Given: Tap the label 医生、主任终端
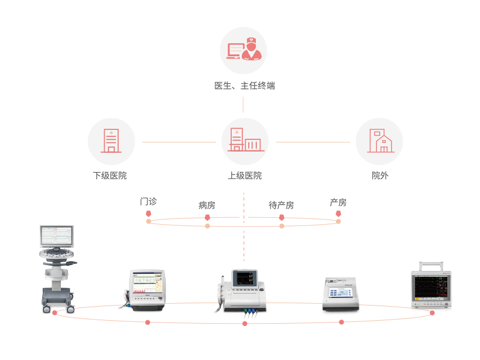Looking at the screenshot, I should click(244, 86).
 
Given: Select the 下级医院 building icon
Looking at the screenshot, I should click(111, 142).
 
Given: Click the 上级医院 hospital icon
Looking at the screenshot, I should click(245, 141).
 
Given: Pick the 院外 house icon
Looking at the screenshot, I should click(379, 142).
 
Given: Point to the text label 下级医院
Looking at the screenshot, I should click(109, 176).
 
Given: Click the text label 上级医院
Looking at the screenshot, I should click(245, 176).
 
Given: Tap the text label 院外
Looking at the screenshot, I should click(379, 176).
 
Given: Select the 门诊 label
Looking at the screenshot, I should click(148, 201).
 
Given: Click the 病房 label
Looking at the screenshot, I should click(207, 205).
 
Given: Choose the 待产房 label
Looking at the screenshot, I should click(281, 205).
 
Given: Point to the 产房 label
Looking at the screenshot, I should click(338, 203).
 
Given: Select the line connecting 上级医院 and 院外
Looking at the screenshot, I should click(315, 142).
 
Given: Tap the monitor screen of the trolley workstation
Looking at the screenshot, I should click(57, 236).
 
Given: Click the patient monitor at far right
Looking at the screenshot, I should click(432, 287).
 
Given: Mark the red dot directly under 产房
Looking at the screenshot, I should click(338, 214).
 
